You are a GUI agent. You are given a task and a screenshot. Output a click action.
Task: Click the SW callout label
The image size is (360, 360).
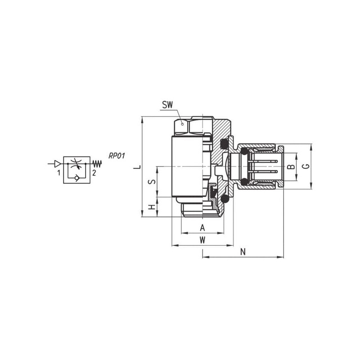[167, 105]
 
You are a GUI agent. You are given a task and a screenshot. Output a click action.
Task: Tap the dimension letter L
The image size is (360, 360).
[137, 166]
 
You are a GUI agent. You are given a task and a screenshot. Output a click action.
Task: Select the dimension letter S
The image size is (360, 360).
[152, 182]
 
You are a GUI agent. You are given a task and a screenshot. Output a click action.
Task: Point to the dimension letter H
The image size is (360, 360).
[152, 207]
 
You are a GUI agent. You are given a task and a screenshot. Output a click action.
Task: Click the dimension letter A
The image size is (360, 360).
[202, 228]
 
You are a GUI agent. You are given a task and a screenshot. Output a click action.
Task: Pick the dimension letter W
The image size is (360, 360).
[202, 240]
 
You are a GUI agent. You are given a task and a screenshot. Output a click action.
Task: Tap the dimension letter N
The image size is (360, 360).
[243, 252]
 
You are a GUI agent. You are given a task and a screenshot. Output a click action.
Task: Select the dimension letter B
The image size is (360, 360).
[291, 166]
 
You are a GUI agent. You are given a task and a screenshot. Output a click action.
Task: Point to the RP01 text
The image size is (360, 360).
[117, 156]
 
